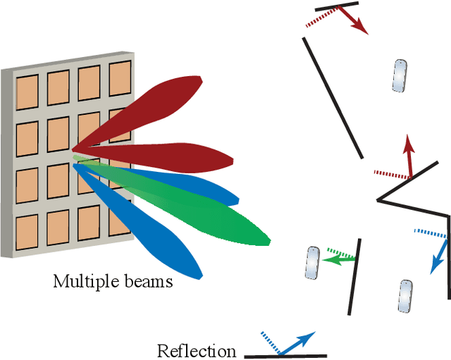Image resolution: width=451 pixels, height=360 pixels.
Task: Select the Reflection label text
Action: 197,351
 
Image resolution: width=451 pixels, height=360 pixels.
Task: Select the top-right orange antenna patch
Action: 119,80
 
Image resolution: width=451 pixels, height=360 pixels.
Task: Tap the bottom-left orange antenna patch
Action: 27,233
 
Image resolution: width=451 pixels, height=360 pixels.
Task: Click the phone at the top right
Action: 400,76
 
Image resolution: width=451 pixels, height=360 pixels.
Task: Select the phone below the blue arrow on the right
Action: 405,296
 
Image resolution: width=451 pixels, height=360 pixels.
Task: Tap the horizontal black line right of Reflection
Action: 285,356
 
